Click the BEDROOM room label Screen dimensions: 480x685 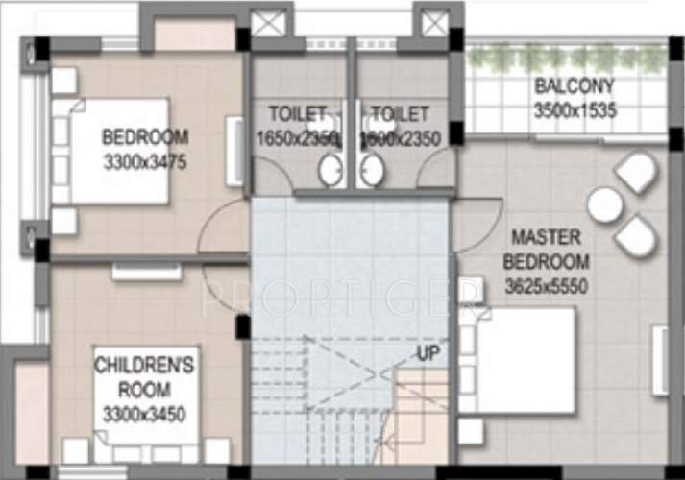144,136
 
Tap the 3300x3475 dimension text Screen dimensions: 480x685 144,162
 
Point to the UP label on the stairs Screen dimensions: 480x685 429,354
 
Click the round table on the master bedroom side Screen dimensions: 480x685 605,204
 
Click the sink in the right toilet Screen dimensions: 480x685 372,170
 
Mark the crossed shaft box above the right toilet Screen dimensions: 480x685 430,23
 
